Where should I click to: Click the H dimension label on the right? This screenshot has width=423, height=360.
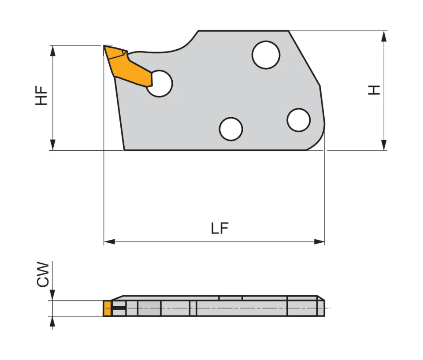(374, 89)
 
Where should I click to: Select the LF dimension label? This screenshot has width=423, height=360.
(219, 228)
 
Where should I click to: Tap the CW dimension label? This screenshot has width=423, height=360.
(43, 274)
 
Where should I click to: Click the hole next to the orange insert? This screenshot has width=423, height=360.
(159, 83)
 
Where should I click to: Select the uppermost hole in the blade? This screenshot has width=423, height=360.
(266, 55)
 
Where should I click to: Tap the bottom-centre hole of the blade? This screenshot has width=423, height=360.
(231, 129)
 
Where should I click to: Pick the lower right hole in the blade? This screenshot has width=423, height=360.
(298, 120)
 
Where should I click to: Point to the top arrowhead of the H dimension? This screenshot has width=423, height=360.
(384, 37)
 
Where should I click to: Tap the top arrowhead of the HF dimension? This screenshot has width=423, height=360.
(53, 51)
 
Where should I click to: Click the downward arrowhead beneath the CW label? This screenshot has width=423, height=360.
(52, 296)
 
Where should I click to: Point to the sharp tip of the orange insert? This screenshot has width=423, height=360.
(104, 46)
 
